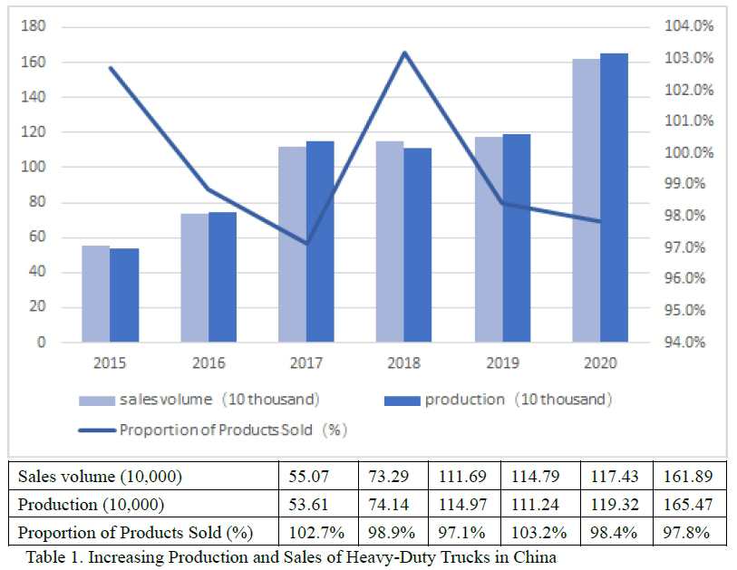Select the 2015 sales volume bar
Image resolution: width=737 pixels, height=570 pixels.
pyautogui.click(x=95, y=294)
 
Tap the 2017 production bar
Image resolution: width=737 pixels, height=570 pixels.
pyautogui.click(x=320, y=241)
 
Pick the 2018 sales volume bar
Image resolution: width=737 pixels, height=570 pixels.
pyautogui.click(x=391, y=241)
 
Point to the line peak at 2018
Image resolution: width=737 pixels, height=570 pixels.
pyautogui.click(x=404, y=53)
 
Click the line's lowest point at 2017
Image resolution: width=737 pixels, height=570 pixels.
pyautogui.click(x=306, y=243)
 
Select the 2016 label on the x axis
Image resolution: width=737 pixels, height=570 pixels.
pyautogui.click(x=208, y=363)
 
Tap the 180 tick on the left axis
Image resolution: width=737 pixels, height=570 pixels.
pyautogui.click(x=34, y=26)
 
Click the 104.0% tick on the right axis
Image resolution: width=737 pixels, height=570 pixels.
pyautogui.click(x=688, y=26)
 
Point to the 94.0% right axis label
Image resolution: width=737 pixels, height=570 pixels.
pyautogui.click(x=688, y=343)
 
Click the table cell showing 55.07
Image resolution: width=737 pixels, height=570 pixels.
pyautogui.click(x=313, y=476)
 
